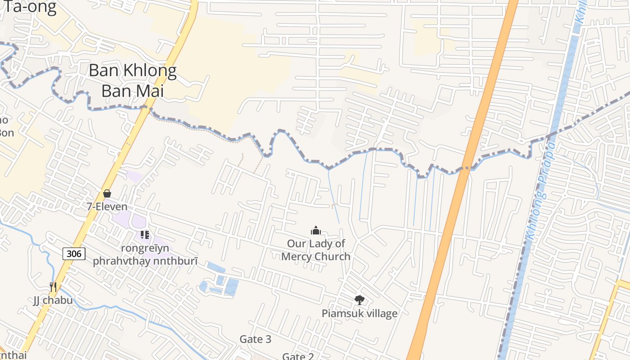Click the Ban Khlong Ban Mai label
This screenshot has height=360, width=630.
pos(132,81)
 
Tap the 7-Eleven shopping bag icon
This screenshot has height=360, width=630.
pos(107,193)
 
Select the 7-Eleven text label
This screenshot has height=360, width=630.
pos(107,207)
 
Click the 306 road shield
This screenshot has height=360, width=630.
pos(74,253)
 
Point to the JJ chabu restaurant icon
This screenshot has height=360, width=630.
pos(53,287)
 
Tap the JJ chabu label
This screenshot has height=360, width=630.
pos(53,300)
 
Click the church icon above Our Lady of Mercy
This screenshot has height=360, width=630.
pos(316,231)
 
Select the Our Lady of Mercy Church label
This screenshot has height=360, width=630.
pos(316,250)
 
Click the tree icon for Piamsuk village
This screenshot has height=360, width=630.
pos(359,300)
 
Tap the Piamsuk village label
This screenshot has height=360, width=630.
pos(359,313)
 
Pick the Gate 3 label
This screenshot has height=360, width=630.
pos(255,339)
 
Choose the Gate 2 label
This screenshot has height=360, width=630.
pos(298,356)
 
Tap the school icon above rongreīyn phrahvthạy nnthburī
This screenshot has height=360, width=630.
pos(144,234)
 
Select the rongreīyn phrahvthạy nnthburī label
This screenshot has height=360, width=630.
pos(145,255)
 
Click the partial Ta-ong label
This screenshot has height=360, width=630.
pos(30,7)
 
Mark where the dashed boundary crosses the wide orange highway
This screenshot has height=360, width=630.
pos(467,169)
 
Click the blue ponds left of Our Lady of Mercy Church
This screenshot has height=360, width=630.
pos(220,281)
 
